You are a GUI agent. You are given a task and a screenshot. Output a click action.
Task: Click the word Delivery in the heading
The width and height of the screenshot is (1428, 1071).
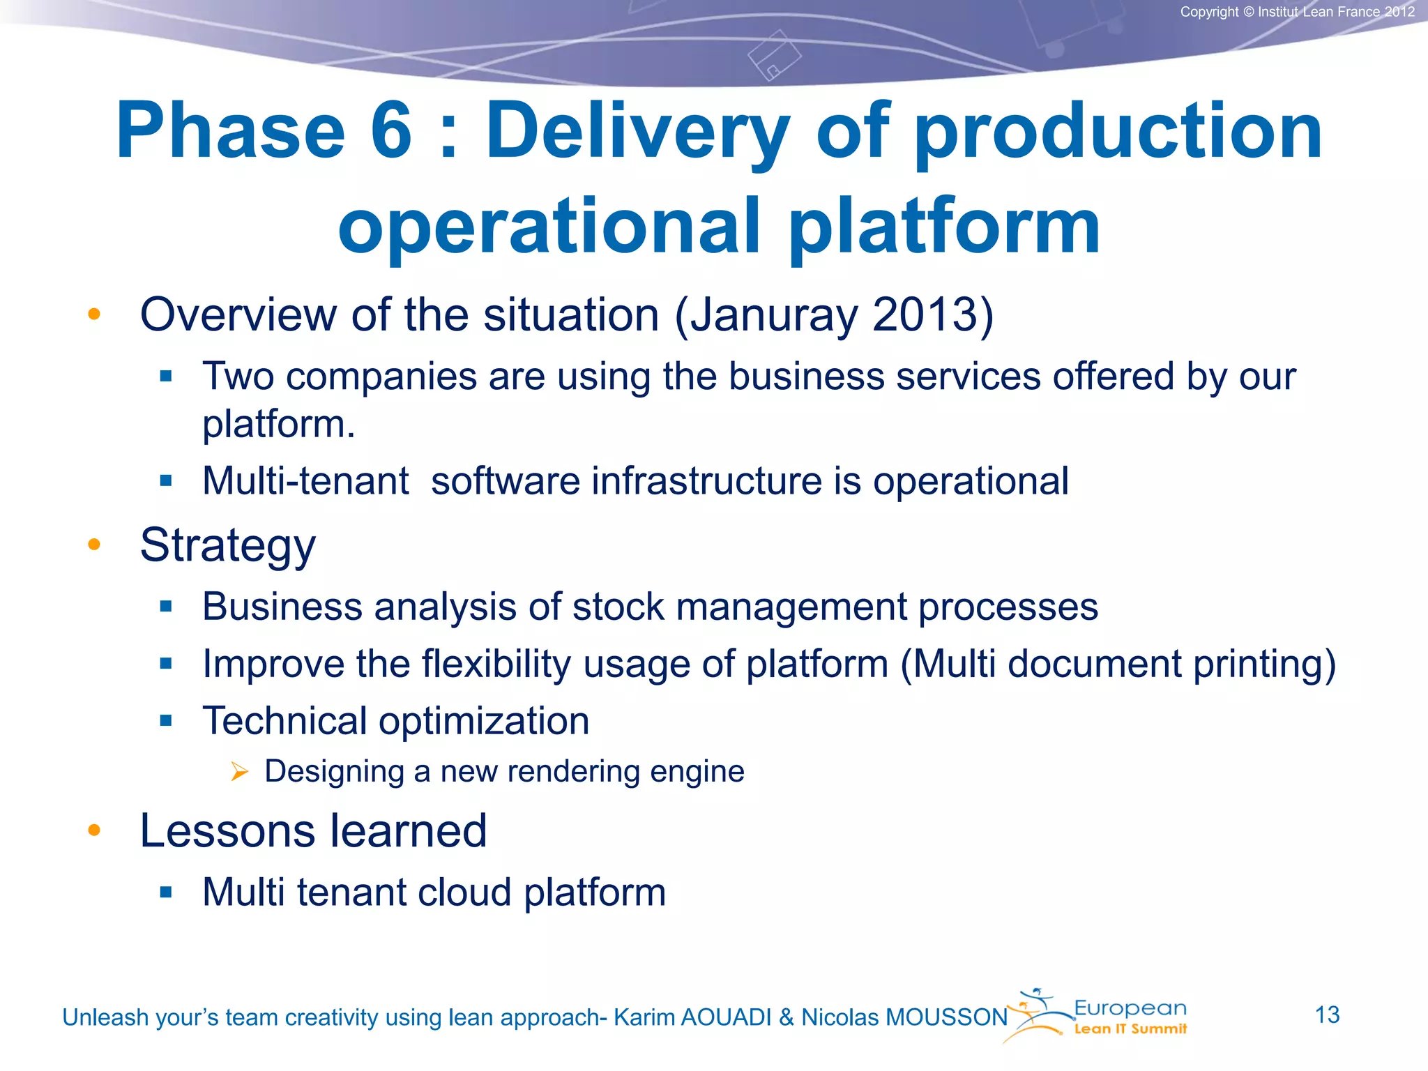(637, 131)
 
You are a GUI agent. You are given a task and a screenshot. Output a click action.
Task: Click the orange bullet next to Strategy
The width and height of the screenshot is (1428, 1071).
(94, 544)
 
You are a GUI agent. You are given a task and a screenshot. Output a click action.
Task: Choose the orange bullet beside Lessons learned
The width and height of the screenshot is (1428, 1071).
(94, 830)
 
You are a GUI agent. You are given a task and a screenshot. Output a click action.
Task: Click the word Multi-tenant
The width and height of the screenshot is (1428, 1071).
(305, 481)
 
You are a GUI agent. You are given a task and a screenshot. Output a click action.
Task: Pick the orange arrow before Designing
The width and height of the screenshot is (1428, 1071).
(239, 771)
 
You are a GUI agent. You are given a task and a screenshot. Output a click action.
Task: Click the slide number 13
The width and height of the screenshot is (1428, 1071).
(1327, 1015)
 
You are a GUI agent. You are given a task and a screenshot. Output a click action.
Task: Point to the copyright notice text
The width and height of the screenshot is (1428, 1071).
(1297, 12)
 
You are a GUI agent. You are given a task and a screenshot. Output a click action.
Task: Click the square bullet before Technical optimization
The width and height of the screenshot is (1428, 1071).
(166, 720)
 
